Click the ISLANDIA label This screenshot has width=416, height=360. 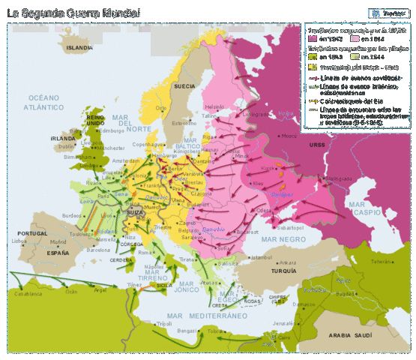[x=79, y=46]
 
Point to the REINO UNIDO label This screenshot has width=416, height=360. [x=95, y=121]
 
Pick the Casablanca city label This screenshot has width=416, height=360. [x=27, y=293]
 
